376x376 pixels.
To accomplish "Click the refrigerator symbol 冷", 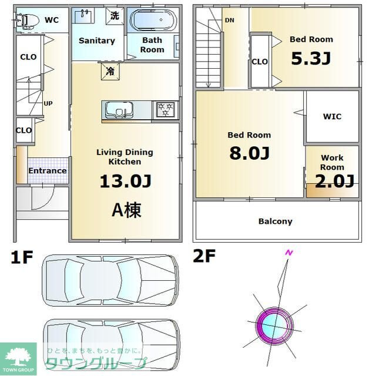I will (x=110, y=72).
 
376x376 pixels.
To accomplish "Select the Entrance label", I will (x=48, y=171).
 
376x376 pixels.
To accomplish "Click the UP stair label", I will (x=48, y=103).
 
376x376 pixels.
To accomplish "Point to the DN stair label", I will (x=229, y=20).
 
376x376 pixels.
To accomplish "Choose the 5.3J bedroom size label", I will (x=311, y=59).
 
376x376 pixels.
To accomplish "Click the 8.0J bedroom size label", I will (x=249, y=153).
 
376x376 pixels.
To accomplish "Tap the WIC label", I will (x=332, y=116).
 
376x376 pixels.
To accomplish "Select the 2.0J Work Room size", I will (x=334, y=180).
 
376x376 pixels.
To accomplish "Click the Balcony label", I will (x=275, y=221).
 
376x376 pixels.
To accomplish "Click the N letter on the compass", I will (x=288, y=253).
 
